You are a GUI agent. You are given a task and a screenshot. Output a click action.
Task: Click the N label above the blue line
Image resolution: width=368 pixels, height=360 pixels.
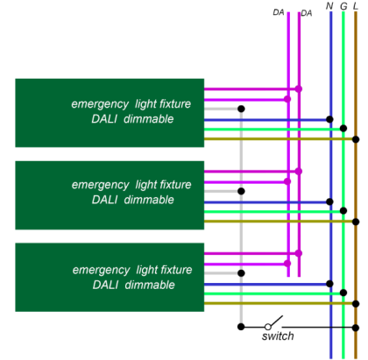pyautogui.click(x=329, y=6)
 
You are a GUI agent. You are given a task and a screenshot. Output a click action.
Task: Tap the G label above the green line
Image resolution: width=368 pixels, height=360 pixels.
pyautogui.click(x=343, y=6)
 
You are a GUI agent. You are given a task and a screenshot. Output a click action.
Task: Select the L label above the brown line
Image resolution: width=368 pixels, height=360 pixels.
pyautogui.click(x=356, y=6)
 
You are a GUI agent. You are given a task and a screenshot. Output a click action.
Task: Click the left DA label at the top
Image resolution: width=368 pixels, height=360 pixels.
pyautogui.click(x=279, y=12)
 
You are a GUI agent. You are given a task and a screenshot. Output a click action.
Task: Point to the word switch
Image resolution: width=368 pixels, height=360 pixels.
pyautogui.click(x=278, y=336)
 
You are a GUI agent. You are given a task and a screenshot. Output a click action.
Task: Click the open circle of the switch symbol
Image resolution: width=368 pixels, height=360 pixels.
pyautogui.click(x=267, y=327)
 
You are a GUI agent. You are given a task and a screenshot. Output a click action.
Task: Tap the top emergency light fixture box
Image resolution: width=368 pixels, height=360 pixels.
pyautogui.click(x=110, y=113)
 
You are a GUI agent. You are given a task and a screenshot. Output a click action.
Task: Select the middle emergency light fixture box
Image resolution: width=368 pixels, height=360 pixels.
pyautogui.click(x=110, y=195)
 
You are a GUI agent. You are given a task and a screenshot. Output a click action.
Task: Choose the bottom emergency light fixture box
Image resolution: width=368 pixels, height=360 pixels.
pyautogui.click(x=110, y=277)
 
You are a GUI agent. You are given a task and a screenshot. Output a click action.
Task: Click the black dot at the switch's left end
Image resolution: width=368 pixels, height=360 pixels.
pyautogui.click(x=241, y=327)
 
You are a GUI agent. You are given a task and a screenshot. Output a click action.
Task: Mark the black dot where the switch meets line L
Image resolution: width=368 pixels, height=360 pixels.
pyautogui.click(x=356, y=328)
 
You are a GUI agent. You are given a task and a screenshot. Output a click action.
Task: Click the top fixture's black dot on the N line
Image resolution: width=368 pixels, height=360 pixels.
pyautogui.click(x=329, y=119)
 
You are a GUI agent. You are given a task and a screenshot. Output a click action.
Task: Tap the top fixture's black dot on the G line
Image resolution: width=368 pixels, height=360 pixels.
pyautogui.click(x=343, y=128)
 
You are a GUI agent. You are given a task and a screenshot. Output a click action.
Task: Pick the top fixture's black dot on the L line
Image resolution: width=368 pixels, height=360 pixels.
pyautogui.click(x=356, y=139)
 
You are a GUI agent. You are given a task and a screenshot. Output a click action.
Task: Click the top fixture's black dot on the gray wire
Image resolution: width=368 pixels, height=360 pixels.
pyautogui.click(x=241, y=109)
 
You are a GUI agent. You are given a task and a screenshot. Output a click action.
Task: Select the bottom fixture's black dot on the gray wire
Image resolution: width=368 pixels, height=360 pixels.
pyautogui.click(x=241, y=273)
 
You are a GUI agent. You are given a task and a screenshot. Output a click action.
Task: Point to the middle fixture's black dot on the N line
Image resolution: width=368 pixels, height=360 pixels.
pyautogui.click(x=329, y=201)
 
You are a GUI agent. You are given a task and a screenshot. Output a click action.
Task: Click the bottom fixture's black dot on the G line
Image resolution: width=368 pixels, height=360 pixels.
pyautogui.click(x=343, y=293)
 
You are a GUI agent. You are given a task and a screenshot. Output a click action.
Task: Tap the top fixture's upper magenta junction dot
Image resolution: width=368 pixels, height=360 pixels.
pyautogui.click(x=299, y=88)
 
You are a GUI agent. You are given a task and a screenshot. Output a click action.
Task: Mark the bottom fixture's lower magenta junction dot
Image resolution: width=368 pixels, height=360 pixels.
pyautogui.click(x=287, y=264)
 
